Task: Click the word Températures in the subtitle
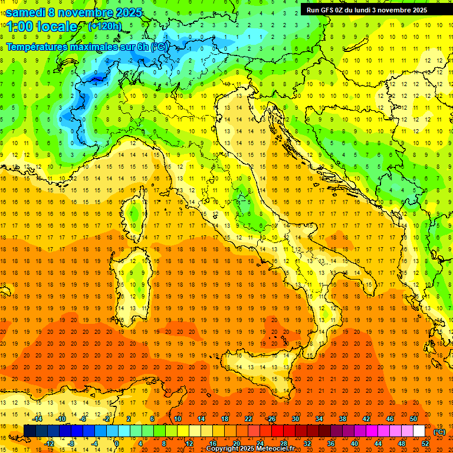[37, 46]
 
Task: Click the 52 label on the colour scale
[425, 444]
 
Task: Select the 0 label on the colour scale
[117, 444]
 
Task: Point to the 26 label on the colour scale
[271, 419]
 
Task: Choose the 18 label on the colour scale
[224, 419]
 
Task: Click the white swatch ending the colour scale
[419, 431]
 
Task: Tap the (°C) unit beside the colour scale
[439, 432]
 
